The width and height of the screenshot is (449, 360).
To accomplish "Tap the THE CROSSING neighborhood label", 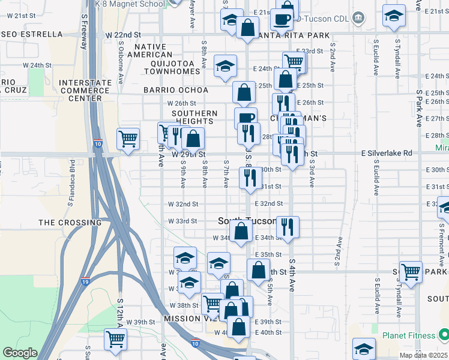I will pos(64,223).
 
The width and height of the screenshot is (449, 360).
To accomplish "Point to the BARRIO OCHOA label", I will pos(175,90).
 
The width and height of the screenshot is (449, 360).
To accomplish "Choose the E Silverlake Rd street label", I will pos(387,154).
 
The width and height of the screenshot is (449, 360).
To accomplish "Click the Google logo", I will pos(20,353).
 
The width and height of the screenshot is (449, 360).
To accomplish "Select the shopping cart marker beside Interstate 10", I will pos(128,140).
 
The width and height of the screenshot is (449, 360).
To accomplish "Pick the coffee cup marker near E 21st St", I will pos(281,19).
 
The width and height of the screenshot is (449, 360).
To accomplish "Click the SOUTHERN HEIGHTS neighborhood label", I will pos(194,117).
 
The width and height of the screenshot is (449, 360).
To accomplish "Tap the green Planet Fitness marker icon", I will pos(443,334).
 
